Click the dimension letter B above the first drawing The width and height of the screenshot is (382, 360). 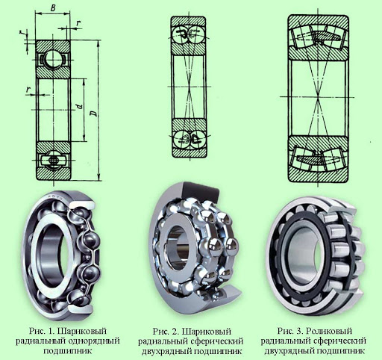(x=53, y=8)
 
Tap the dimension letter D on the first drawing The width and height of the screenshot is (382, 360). (x=94, y=114)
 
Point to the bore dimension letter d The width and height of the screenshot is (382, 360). (x=79, y=107)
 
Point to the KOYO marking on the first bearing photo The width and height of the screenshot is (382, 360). (x=57, y=196)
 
